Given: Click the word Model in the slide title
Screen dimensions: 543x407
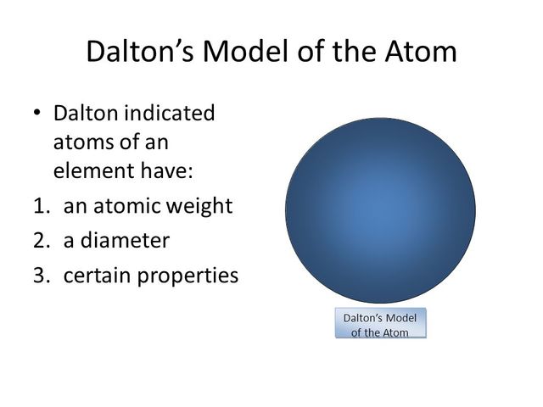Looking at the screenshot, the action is pyautogui.click(x=245, y=51).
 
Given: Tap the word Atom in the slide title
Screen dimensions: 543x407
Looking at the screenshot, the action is pyautogui.click(x=421, y=51).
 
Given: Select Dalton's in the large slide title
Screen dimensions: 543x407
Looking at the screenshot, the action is pyautogui.click(x=139, y=51).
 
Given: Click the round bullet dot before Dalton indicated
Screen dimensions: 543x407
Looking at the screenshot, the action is pyautogui.click(x=37, y=113).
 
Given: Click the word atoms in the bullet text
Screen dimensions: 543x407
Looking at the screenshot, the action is pyautogui.click(x=82, y=142).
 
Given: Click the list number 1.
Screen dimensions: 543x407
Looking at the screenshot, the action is pyautogui.click(x=42, y=206).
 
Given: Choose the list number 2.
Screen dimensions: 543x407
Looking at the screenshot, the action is pyautogui.click(x=42, y=241).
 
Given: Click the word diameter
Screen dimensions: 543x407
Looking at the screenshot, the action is pyautogui.click(x=125, y=240).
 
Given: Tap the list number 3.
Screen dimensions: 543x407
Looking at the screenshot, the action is pyautogui.click(x=42, y=276).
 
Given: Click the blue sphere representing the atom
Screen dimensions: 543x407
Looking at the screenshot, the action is pyautogui.click(x=380, y=210).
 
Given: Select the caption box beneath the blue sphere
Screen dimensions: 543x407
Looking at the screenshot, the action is pyautogui.click(x=381, y=322).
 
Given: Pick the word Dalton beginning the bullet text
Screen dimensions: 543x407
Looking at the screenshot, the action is pyautogui.click(x=86, y=113).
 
